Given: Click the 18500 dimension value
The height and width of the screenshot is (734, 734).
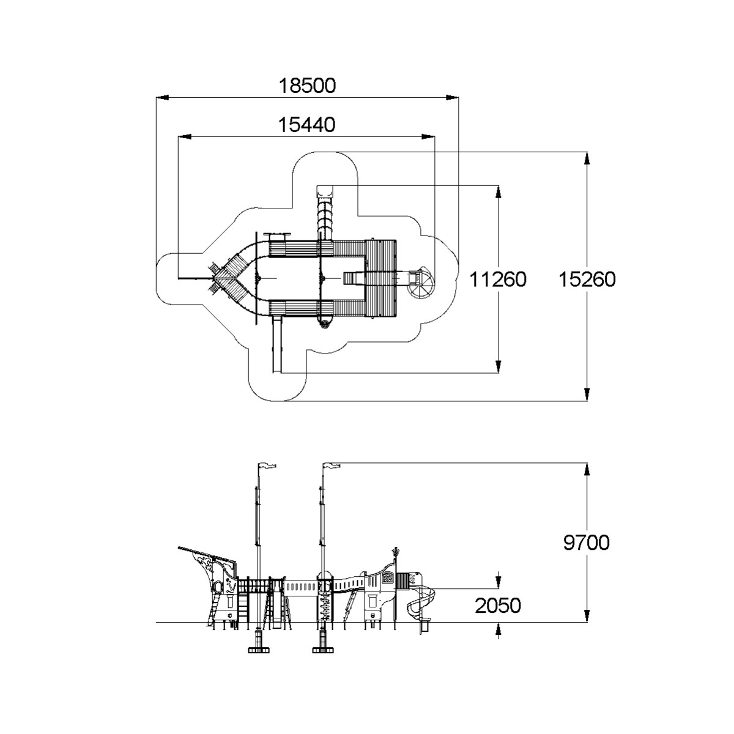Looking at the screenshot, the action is [308, 86].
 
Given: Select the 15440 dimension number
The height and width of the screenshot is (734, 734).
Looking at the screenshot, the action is [307, 125].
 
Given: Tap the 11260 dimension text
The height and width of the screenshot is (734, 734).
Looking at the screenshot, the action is [497, 280].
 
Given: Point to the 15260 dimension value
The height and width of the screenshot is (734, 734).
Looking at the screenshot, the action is [587, 280].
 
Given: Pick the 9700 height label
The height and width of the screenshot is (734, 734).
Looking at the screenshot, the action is [586, 542].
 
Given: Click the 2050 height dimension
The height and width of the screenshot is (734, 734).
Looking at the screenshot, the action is [498, 606].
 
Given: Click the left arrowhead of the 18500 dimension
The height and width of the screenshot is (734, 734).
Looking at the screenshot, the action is [162, 97].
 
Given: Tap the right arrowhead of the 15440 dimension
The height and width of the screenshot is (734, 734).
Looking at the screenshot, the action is [428, 136].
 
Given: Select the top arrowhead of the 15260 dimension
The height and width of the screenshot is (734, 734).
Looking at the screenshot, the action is [587, 158].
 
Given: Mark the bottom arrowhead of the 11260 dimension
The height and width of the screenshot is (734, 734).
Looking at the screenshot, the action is [498, 366].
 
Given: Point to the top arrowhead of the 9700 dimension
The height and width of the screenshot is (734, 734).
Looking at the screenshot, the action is [587, 469].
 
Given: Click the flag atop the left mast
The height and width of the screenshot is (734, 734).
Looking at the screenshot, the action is [267, 465].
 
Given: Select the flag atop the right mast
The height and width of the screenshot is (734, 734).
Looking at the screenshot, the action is [332, 465].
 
